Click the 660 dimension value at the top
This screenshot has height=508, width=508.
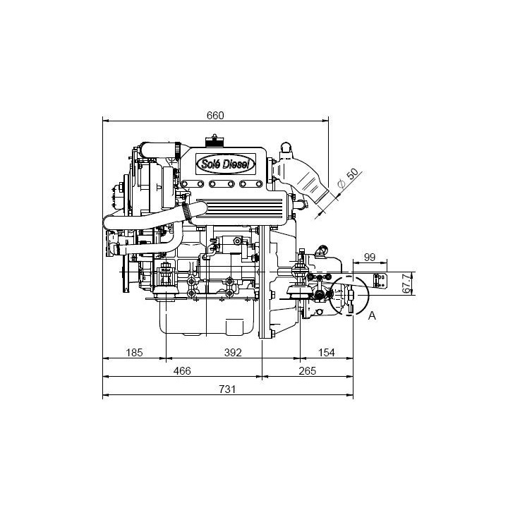pos(215,115)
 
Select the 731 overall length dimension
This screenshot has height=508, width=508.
pos(227,389)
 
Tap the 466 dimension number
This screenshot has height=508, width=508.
pos(182,370)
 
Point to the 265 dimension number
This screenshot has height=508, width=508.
pos(307,370)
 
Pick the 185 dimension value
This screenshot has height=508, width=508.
pos(134,353)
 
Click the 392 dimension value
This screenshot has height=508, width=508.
pos(233,353)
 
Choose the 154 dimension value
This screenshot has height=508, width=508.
pos(326,353)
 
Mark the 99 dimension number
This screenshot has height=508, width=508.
pos(370,258)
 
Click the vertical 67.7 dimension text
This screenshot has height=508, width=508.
pos(407,283)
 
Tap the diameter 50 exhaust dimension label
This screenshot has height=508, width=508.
pos(348,179)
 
